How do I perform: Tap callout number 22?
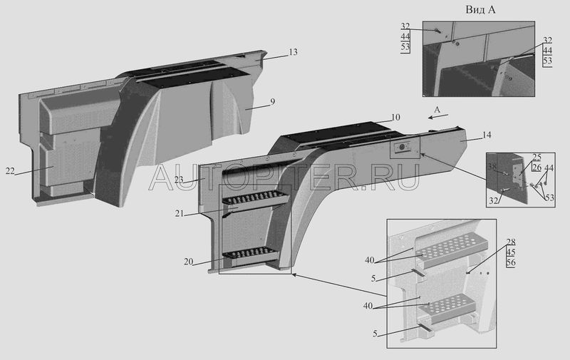pos(9,172)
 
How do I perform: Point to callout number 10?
pos(395,117)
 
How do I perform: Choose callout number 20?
pos(187,262)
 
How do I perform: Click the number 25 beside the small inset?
pos(537,158)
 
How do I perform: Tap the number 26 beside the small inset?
pos(537,168)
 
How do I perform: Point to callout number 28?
pos(511,242)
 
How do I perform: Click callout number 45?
pos(511,252)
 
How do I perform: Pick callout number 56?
pos(511,262)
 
